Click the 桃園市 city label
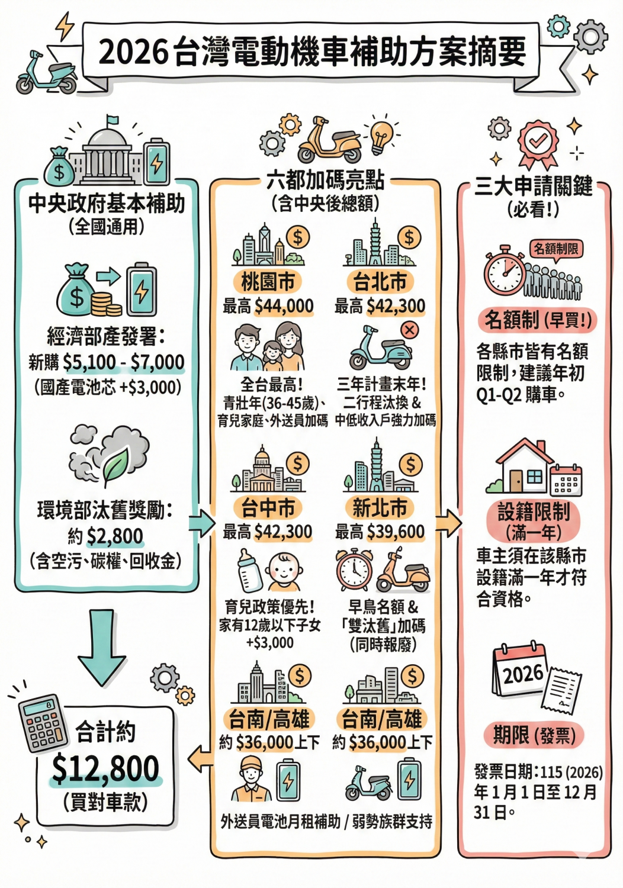pyautogui.click(x=268, y=281)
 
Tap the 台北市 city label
pyautogui.click(x=380, y=281)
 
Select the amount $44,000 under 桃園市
pyautogui.click(x=284, y=306)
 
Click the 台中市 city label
pyautogui.click(x=268, y=507)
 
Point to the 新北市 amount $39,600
pyautogui.click(x=396, y=532)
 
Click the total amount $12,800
pyautogui.click(x=105, y=768)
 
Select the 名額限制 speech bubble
pyautogui.click(x=555, y=249)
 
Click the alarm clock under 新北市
pyautogui.click(x=354, y=570)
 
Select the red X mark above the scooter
pyautogui.click(x=410, y=330)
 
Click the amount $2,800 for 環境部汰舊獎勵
pyautogui.click(x=115, y=536)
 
